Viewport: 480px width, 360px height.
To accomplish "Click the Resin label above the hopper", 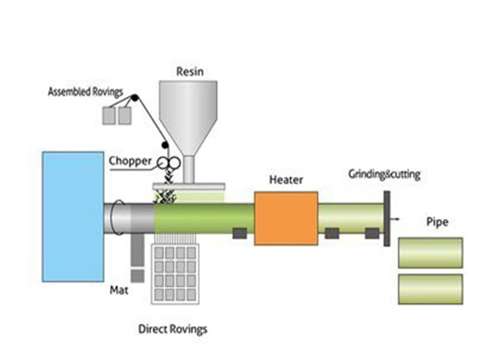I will coord(190,71).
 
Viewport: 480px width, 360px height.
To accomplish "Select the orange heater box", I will coord(286,218).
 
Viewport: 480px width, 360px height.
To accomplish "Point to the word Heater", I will coord(286,180).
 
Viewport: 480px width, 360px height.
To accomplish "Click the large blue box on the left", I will coord(73,217).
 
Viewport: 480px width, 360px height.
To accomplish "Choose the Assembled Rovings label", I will coord(86,92).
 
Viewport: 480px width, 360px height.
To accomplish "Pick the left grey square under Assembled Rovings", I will coord(109,115).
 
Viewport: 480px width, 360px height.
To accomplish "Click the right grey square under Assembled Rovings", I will coord(124,115).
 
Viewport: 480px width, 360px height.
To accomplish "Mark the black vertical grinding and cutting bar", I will coord(387,217).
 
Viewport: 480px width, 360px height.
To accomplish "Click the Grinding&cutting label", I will coord(385,175).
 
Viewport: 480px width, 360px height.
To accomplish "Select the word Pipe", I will coord(437,223).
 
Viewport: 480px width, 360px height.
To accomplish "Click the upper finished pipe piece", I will coord(430,253).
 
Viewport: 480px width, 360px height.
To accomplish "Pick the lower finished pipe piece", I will coord(430,289).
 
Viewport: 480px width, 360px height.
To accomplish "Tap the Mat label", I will coord(118,291).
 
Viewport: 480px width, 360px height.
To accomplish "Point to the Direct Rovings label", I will coord(173,329).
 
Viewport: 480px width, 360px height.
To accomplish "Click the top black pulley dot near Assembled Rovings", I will coord(135,98).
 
